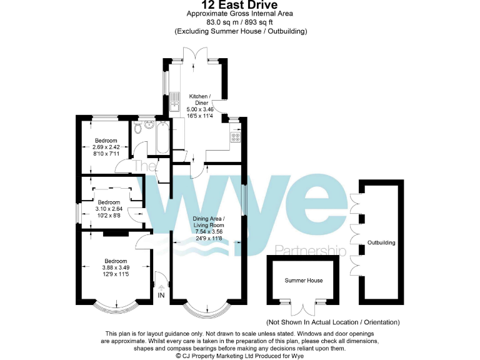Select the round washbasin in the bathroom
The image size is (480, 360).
[x=149, y=124]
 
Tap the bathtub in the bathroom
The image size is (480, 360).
[x=161, y=137]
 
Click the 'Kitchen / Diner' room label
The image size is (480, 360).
[x=201, y=99]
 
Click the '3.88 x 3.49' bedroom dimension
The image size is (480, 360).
[x=116, y=268]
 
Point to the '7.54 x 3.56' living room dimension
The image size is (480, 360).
[x=209, y=232]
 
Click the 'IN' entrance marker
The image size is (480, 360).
[x=161, y=295]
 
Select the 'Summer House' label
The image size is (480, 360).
[x=304, y=281]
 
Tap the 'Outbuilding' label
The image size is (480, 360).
[x=381, y=242]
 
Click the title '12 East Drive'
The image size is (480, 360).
[x=240, y=5]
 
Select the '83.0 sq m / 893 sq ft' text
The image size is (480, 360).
[x=240, y=22]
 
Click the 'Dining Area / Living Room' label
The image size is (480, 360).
[x=209, y=222]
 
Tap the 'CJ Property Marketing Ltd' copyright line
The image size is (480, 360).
[x=240, y=355]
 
